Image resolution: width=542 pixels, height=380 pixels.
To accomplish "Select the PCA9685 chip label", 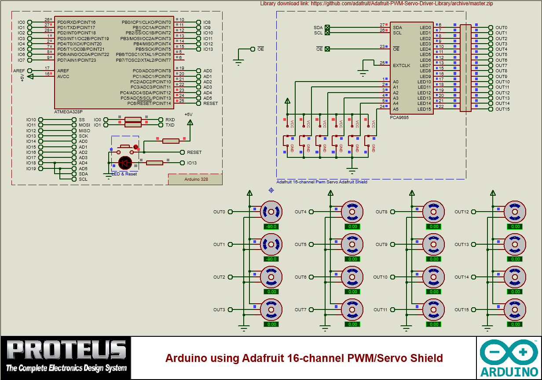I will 399,118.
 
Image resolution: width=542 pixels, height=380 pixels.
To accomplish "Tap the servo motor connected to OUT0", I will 271,212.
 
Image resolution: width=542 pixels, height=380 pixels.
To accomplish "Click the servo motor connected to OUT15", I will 515,310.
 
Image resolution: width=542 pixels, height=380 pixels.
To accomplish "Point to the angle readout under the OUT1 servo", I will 271,259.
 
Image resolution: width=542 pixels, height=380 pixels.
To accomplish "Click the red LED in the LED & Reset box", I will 125,163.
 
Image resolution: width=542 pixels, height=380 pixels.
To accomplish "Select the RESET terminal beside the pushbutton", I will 183,152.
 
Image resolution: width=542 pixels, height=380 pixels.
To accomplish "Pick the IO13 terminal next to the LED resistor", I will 183,163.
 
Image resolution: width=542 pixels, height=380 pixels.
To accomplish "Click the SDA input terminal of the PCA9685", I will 327,27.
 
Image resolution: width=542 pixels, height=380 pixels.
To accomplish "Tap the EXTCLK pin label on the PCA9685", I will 401,65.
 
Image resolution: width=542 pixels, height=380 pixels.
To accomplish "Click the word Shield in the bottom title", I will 425,358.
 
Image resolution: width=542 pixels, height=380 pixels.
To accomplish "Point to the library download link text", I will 377,4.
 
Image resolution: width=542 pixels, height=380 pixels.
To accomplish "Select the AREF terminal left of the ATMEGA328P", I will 29,71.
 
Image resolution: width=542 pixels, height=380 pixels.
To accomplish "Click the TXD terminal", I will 161,125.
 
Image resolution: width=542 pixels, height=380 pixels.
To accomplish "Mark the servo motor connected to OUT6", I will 352,277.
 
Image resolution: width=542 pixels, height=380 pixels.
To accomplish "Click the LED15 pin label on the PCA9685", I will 424,109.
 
